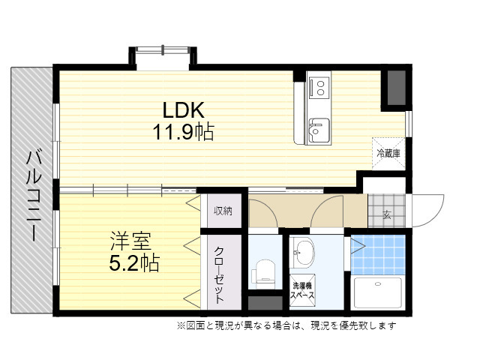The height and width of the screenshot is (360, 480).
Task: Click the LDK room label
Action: pos(183,110)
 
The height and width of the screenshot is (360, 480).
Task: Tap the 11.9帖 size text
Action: pos(183,132)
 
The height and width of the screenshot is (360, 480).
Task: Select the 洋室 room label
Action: pos(130,241)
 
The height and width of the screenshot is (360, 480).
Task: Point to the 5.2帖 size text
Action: pos(134,263)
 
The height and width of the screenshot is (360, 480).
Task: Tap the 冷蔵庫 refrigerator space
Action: pos(388,153)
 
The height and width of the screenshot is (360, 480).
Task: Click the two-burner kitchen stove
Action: pos(320,88)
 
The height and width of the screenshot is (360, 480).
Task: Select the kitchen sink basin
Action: pos(319,130)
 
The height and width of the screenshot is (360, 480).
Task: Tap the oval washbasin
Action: pos(302,253)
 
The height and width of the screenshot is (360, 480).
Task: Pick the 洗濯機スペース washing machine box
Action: pos(302,290)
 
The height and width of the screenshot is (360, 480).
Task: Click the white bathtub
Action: pos(378,293)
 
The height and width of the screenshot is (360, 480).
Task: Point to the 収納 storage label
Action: pos(223,211)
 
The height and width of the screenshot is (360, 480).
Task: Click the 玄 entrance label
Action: pos(387,215)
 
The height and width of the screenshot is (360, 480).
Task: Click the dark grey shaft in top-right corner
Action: pos(397,87)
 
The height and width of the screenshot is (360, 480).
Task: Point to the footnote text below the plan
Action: pos(286,325)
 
